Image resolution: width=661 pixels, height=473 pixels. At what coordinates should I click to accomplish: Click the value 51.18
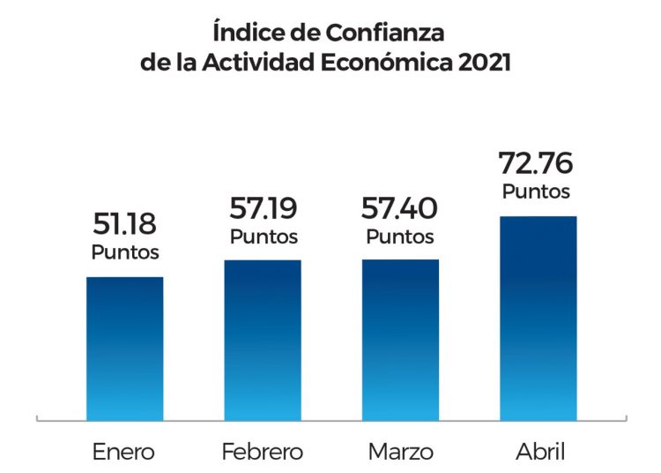point(124,224)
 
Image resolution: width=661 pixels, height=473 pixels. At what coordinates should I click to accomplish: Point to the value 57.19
point(264,208)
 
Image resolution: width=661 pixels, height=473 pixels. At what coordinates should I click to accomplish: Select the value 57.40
point(400,208)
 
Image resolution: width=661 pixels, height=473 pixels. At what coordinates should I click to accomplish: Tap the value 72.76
point(536,163)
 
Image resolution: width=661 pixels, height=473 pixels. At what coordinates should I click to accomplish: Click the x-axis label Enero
point(124,453)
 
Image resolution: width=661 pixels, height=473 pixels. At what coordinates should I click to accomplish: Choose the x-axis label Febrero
point(263,453)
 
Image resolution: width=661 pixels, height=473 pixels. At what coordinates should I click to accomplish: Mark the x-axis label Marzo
point(401,453)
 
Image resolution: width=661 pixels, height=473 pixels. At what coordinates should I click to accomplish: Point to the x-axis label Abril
point(538,453)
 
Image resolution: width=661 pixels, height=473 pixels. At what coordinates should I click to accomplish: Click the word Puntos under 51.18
point(125,252)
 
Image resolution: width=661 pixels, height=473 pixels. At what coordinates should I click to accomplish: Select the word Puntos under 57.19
point(264,236)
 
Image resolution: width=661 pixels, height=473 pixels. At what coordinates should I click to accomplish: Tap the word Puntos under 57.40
point(400,236)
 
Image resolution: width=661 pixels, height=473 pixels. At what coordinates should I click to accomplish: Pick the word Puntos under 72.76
point(536,191)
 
